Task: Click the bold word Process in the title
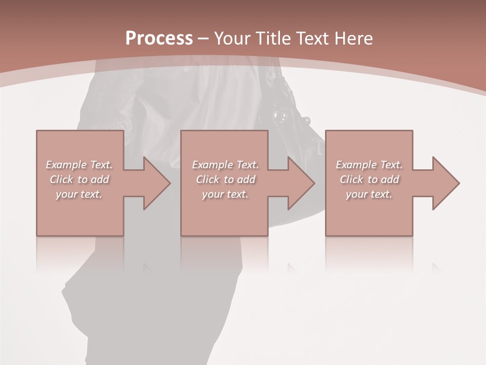coord(159,39)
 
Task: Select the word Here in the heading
coord(354,39)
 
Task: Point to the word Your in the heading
coord(233,39)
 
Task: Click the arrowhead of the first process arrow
coord(157,183)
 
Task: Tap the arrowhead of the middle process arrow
coord(301,183)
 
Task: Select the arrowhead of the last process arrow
coord(445,183)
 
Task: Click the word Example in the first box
coord(66,165)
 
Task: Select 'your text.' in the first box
coord(79,194)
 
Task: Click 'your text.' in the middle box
coord(225,194)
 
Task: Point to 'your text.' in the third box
coord(369,194)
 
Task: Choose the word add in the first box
coord(99,179)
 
